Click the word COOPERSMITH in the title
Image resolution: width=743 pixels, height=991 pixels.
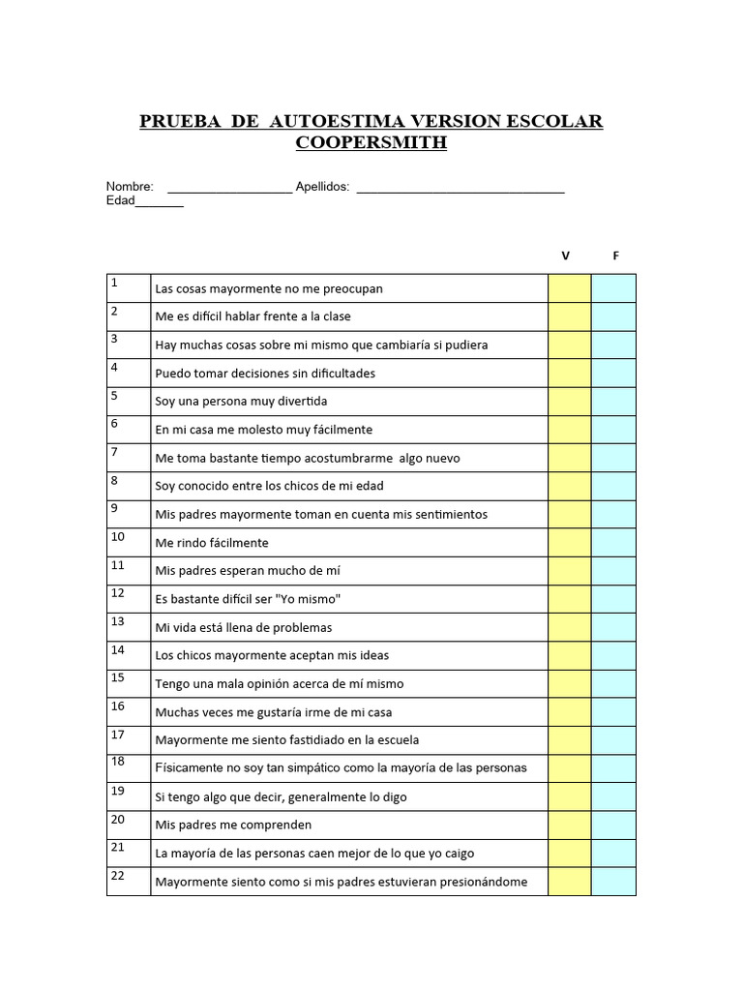click(x=371, y=143)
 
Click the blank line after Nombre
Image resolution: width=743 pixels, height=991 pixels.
click(x=229, y=188)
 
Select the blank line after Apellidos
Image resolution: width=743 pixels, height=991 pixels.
click(x=461, y=188)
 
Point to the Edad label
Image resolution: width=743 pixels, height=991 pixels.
click(x=120, y=200)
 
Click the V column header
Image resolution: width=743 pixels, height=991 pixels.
click(x=566, y=255)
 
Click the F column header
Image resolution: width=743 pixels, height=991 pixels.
click(x=615, y=255)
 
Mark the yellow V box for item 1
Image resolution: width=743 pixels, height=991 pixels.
click(x=569, y=288)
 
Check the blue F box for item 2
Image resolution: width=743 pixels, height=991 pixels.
click(x=613, y=316)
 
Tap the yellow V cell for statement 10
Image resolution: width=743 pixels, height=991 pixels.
click(x=569, y=542)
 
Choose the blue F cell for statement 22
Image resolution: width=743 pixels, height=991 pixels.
click(x=613, y=881)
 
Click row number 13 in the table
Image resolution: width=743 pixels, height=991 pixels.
click(x=118, y=621)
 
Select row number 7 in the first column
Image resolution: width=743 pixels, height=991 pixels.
click(x=114, y=452)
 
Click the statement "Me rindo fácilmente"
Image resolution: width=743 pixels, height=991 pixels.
click(x=212, y=543)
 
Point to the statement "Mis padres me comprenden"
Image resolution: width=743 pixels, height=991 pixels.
click(x=233, y=826)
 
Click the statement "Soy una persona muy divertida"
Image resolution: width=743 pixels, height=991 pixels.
click(x=241, y=402)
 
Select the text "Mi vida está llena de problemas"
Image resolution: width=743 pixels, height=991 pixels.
click(x=243, y=627)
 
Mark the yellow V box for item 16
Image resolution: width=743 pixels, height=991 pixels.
click(x=569, y=711)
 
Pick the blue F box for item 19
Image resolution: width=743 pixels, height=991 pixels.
click(x=613, y=796)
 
